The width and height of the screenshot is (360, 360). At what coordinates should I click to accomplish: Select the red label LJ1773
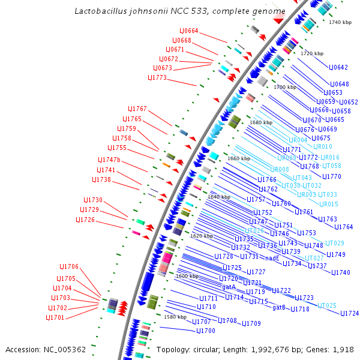(157, 77)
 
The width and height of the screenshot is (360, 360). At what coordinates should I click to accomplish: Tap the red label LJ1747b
(109, 160)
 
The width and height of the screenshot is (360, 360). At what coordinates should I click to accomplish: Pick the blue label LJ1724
(350, 313)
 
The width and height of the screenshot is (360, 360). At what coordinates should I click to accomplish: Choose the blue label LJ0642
(339, 67)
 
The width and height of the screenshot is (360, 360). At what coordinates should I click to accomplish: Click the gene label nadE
(273, 258)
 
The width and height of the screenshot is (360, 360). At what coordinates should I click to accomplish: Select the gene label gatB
(279, 307)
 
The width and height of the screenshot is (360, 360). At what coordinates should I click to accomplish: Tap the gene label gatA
(229, 287)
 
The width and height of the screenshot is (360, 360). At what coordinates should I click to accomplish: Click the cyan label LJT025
(327, 305)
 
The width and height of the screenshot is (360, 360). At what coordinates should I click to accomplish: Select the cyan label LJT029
(335, 243)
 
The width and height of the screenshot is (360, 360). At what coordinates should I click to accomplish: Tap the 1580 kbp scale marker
(175, 317)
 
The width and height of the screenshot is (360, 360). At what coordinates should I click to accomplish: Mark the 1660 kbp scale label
(239, 158)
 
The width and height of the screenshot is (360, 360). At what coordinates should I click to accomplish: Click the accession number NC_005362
(63, 349)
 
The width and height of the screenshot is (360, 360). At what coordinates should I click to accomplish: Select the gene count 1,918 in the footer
(344, 349)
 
